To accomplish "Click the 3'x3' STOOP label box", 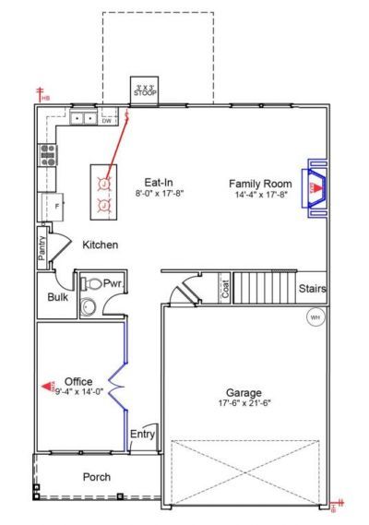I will pos(145,89).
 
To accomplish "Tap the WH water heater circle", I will pos(315,316).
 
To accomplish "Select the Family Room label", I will pos(261,184).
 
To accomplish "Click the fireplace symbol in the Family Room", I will pos(315,188).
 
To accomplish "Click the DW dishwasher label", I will pos(107,120).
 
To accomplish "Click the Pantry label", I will pos(42,250).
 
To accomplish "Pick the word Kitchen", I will pos(100,245).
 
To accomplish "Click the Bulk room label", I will pos(56,297).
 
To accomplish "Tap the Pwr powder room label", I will pos(113,283).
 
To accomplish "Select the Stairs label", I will pos(312,289).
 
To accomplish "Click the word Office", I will pos(78,381).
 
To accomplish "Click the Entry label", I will pos(143,434).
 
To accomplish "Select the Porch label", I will pos(97,477).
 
